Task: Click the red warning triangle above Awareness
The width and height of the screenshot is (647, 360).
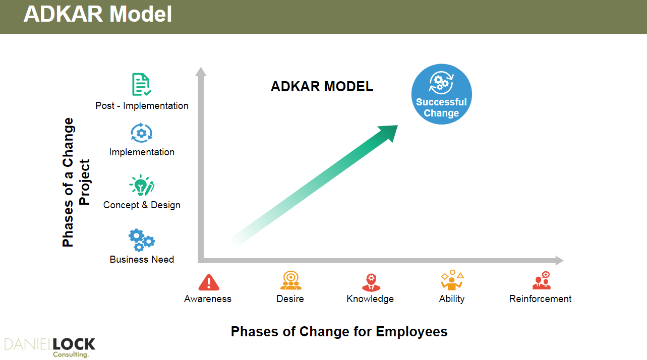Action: click(209, 282)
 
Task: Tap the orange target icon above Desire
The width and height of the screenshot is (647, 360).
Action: click(290, 280)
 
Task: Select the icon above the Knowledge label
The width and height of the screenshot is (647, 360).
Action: click(371, 282)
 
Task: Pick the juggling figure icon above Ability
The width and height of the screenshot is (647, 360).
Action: click(452, 280)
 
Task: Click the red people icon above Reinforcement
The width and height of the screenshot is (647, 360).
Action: click(542, 280)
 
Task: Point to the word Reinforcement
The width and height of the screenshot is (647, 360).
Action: click(540, 298)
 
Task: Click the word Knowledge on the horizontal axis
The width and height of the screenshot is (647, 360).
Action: click(370, 299)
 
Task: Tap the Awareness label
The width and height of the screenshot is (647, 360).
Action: click(208, 298)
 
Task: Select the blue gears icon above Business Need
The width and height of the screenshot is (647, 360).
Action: click(142, 240)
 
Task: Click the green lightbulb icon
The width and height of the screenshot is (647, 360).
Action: click(142, 186)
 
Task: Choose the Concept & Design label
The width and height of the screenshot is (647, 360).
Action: click(142, 205)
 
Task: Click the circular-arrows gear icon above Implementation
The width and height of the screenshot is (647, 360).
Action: click(142, 133)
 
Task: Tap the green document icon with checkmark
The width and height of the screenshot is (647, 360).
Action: click(142, 84)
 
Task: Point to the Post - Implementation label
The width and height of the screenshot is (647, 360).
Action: click(142, 106)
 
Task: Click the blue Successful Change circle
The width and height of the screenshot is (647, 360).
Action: click(442, 94)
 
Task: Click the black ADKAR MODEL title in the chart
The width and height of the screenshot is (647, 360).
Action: click(322, 87)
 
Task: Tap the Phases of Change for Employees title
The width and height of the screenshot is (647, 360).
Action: click(339, 332)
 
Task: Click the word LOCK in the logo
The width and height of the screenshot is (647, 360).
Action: click(74, 344)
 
